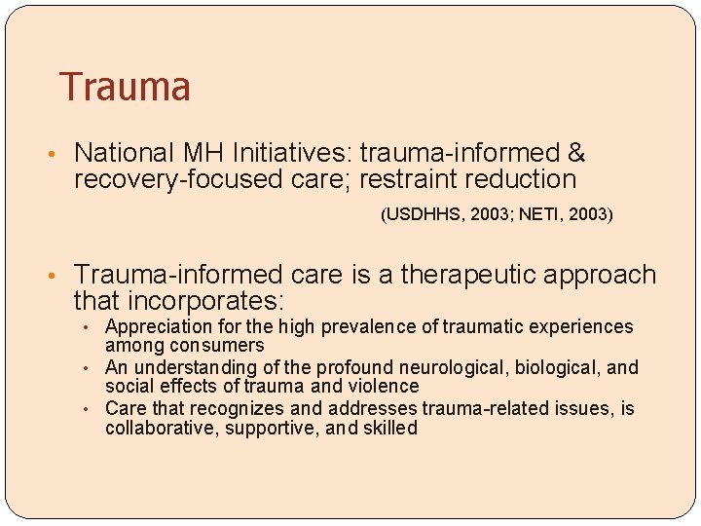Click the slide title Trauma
(125, 87)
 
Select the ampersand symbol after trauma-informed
(575, 153)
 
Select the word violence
(380, 387)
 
